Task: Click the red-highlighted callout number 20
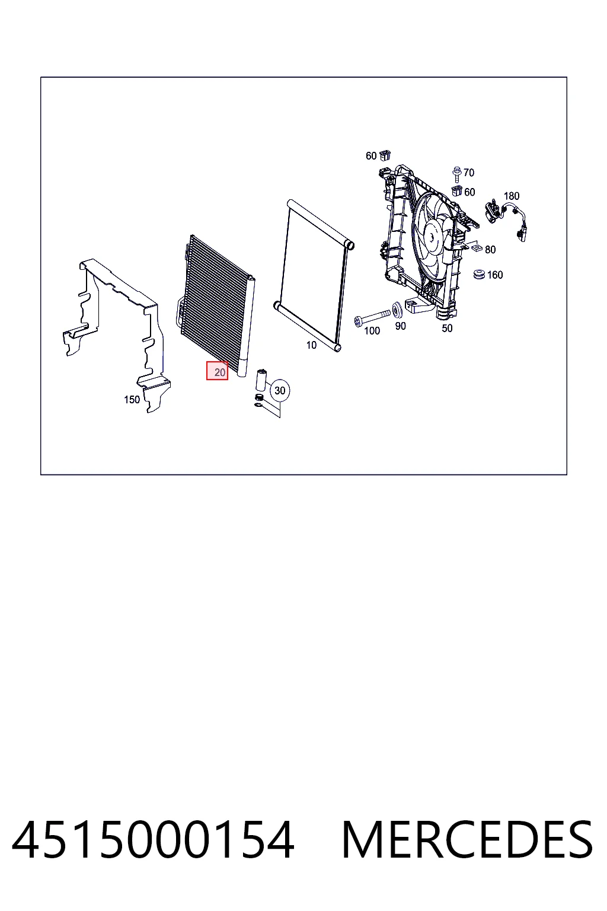tap(219, 372)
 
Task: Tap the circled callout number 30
tap(280, 390)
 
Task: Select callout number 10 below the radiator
tap(311, 345)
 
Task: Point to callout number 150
tap(132, 400)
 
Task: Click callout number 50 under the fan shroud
tap(447, 328)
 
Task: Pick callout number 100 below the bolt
tap(372, 331)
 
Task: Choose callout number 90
tap(401, 326)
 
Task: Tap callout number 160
tap(495, 275)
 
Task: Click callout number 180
tap(512, 196)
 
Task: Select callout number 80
tap(490, 250)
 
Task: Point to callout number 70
tap(469, 173)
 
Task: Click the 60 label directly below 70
tap(469, 192)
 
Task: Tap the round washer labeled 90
tap(397, 311)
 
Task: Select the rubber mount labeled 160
tap(480, 275)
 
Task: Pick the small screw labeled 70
tap(456, 173)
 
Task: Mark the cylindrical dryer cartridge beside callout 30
tap(261, 380)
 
